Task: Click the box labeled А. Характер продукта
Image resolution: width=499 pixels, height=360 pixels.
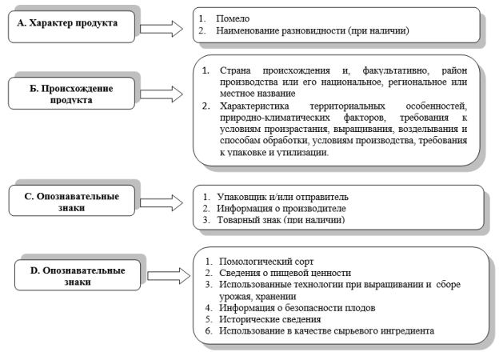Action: coord(72,26)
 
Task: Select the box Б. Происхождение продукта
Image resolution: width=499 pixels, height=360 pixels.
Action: coord(72,94)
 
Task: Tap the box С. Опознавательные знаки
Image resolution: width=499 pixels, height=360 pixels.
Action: coord(72,201)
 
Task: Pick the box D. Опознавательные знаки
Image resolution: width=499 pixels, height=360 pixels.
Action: coord(78,274)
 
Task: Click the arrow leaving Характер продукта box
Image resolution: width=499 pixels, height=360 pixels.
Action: coord(162,29)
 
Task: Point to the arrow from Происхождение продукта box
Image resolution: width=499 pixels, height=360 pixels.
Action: coord(162,94)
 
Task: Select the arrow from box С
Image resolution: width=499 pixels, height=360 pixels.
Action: coord(162,202)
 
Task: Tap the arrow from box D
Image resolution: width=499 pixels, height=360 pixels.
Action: coord(169,276)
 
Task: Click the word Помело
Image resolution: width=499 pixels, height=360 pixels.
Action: coord(233,18)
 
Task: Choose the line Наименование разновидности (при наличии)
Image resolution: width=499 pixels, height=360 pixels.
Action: coord(313,30)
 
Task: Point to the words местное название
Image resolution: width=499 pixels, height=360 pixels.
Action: coord(257,94)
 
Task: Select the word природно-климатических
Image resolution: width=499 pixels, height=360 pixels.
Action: coord(275,118)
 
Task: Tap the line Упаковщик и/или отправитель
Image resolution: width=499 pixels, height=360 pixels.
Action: coord(282,197)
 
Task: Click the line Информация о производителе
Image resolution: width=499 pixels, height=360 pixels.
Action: coord(281,209)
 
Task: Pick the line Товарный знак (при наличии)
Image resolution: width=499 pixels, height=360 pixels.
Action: coord(281,220)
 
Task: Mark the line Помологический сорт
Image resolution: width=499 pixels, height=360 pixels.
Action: coord(266,262)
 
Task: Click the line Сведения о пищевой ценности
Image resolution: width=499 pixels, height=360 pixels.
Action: coord(285,273)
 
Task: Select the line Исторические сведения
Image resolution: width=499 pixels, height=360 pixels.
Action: coord(269,319)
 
